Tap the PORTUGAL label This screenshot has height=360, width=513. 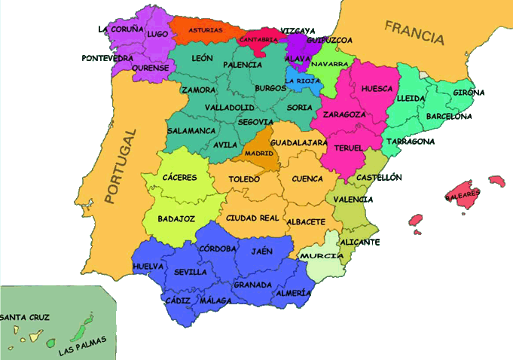tap(121, 168)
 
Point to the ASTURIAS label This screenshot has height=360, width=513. tap(206, 30)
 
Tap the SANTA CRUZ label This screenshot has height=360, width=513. tap(25, 319)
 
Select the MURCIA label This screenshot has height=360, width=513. tap(316, 256)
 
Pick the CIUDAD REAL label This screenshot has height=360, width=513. tap(252, 218)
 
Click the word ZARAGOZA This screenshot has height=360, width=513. tap(344, 115)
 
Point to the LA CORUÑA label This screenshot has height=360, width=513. tap(121, 29)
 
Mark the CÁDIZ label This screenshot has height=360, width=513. tap(178, 300)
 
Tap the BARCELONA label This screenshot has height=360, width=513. tap(449, 117)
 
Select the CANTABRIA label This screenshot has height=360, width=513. tap(258, 39)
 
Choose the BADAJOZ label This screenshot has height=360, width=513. tap(176, 219)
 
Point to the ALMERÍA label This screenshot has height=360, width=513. tap(292, 292)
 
